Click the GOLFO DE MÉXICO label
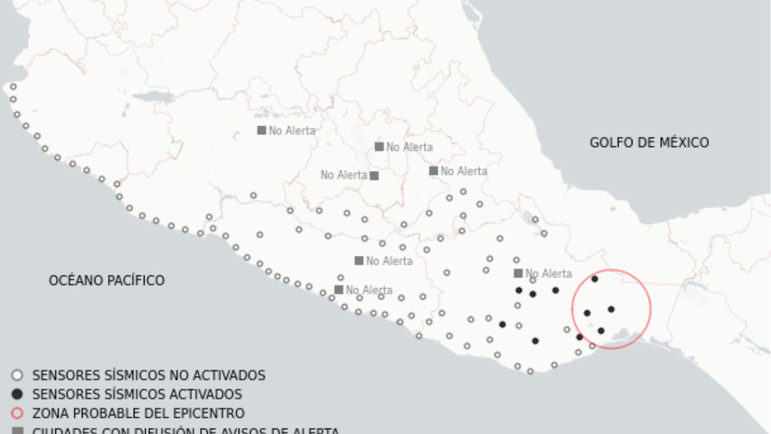tap(649, 143)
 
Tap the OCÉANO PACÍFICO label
tap(107, 280)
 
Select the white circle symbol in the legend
tap(17, 376)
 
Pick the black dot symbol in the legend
tap(17, 394)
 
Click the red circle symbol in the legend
tap(17, 414)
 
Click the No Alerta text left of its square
tap(343, 175)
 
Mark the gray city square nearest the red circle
tap(518, 273)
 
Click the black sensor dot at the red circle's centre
tap(611, 309)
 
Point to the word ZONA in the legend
tap(49, 414)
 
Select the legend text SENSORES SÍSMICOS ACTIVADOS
tap(137, 394)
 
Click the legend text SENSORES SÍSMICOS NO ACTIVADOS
tap(148, 376)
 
